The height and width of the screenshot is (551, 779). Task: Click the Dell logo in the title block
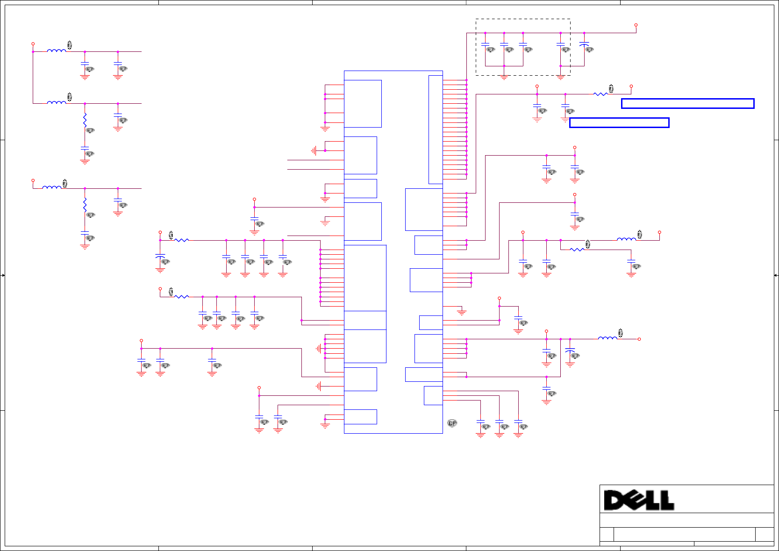click(x=639, y=500)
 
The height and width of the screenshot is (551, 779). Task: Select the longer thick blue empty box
click(x=687, y=104)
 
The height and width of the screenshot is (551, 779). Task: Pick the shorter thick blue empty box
click(x=619, y=123)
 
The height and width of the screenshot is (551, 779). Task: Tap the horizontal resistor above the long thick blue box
click(x=600, y=94)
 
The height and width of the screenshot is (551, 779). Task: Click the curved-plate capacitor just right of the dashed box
click(x=584, y=44)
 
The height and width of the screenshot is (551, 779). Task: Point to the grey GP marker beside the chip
click(x=452, y=423)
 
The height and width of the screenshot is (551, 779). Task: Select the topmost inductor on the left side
click(x=57, y=51)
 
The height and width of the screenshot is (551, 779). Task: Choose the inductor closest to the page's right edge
click(x=626, y=239)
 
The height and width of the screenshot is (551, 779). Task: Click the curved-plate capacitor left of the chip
click(x=160, y=257)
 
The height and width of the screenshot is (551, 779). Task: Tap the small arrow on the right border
click(x=776, y=275)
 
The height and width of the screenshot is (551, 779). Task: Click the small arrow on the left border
click(x=3, y=275)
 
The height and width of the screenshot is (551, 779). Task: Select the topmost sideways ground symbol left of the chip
click(x=314, y=150)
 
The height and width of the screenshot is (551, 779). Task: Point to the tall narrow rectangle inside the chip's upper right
click(x=436, y=129)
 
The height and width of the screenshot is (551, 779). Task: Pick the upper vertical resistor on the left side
click(x=85, y=120)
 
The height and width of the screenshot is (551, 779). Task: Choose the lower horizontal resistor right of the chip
click(x=577, y=250)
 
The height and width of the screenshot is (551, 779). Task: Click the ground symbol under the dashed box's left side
click(x=504, y=78)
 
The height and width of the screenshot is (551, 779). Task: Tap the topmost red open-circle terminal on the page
click(x=636, y=25)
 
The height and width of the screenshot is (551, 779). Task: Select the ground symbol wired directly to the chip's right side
click(x=462, y=312)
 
